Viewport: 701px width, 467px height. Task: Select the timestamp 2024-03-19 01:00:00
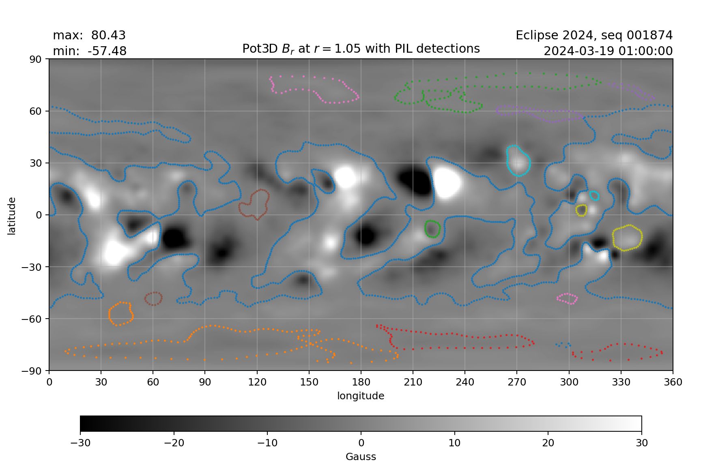(608, 51)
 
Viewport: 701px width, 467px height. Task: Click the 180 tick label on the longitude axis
(361, 382)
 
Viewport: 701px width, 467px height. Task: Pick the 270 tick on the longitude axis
(517, 382)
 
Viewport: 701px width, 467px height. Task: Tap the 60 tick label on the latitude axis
(36, 111)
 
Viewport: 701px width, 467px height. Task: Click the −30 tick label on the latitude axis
(33, 267)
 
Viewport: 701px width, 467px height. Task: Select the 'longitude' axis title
(361, 396)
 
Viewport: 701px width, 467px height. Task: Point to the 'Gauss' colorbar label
(361, 457)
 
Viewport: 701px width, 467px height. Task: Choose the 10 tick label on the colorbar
(454, 443)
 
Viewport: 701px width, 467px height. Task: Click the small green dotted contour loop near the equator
(432, 229)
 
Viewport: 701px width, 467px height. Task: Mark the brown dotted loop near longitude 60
(153, 298)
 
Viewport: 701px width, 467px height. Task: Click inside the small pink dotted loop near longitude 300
(568, 299)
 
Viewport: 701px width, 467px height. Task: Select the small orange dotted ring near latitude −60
(121, 314)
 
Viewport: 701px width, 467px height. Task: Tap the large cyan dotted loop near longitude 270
(518, 161)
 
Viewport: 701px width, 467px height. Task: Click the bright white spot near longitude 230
(446, 183)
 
